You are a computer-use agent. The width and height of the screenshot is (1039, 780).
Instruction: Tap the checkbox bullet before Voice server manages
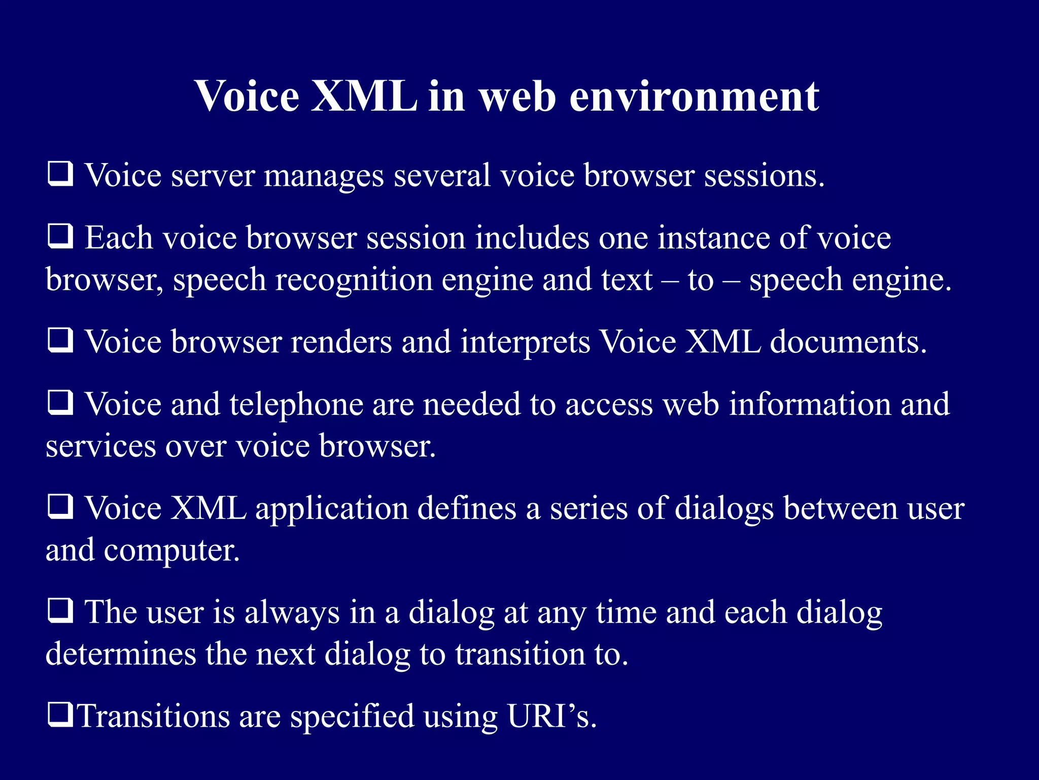pos(60,174)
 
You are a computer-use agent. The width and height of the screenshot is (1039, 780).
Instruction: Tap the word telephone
pos(296,405)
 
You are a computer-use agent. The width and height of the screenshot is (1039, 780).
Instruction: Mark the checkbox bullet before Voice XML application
pos(60,507)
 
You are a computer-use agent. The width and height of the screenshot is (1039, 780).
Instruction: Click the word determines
pos(121,654)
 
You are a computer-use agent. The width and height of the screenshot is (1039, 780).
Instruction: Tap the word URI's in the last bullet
pos(551,716)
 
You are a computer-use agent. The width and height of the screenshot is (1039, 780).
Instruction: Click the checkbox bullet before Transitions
pos(60,714)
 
